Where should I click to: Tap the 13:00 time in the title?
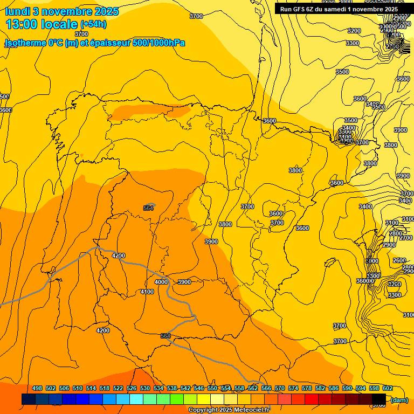tap(21, 24)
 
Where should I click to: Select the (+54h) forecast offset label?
tap(93, 24)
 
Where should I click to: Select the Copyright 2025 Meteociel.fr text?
tap(229, 410)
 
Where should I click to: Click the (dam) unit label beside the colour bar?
tap(399, 399)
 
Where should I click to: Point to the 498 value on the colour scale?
tap(37, 388)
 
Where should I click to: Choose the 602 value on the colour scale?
tap(388, 388)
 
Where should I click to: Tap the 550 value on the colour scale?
tap(212, 388)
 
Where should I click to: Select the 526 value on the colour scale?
tap(132, 388)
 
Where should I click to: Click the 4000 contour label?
tap(161, 282)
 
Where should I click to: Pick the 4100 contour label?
tap(147, 292)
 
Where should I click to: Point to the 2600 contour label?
tap(399, 260)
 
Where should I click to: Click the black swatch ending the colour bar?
tap(379, 399)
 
